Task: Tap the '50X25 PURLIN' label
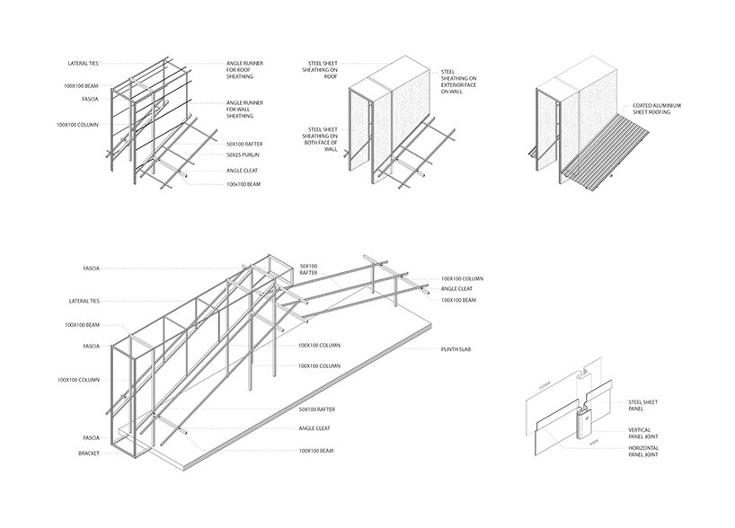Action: pyautogui.click(x=243, y=155)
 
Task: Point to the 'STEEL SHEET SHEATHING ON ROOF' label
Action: pyautogui.click(x=322, y=70)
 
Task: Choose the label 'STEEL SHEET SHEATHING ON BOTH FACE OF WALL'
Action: pyautogui.click(x=323, y=140)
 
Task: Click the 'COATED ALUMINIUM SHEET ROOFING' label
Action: pyautogui.click(x=660, y=109)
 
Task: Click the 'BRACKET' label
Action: pyautogui.click(x=89, y=453)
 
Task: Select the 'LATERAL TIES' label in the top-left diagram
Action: pyautogui.click(x=84, y=64)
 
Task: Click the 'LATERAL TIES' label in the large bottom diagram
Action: pyautogui.click(x=82, y=300)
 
